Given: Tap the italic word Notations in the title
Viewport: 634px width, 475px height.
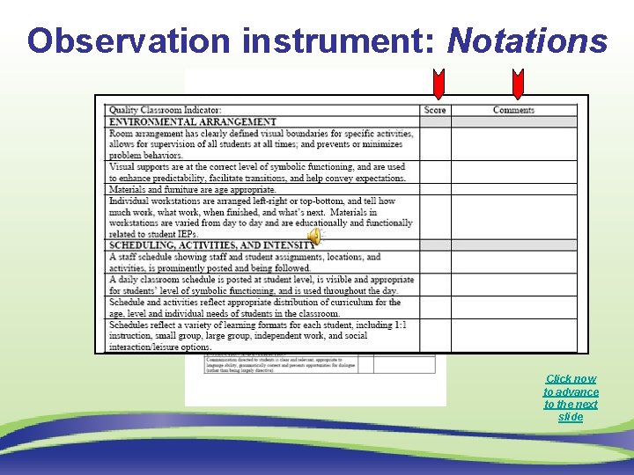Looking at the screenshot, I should click(x=527, y=40).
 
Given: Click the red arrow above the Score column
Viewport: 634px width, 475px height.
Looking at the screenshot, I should click(x=437, y=84).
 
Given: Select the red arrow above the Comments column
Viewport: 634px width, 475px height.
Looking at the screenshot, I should click(x=517, y=84).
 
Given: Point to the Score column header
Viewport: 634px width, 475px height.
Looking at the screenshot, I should click(x=435, y=110).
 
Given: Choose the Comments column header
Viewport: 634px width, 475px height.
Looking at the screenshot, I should click(x=513, y=110).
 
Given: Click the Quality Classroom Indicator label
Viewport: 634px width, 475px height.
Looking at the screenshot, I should click(x=166, y=110).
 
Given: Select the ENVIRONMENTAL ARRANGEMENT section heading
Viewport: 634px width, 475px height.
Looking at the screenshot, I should click(x=192, y=121).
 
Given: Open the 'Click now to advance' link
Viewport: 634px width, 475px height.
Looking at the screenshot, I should click(x=571, y=398).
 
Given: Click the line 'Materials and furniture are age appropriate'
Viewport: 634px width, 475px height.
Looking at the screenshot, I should click(x=192, y=189).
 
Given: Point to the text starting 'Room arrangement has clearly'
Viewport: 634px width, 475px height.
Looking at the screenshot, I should click(x=261, y=144).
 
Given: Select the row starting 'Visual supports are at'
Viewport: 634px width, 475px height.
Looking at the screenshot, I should click(x=257, y=172).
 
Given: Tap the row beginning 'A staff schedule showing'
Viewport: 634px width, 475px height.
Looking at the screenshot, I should click(x=245, y=262).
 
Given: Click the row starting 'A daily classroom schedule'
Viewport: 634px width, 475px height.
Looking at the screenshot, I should click(x=261, y=285).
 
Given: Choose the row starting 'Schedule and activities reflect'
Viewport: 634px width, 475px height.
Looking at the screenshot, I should click(x=261, y=308).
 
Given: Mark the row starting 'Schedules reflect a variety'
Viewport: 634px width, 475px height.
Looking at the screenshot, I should click(x=257, y=336).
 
